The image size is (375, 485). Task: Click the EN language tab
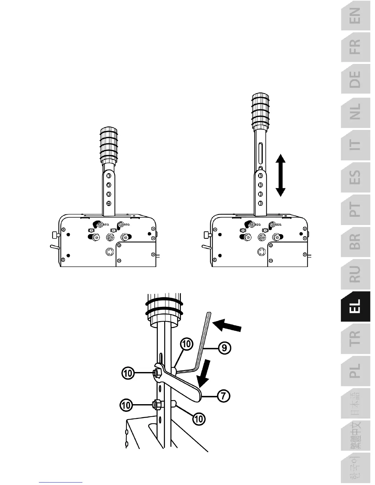[355, 16]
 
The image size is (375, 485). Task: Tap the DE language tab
[355, 79]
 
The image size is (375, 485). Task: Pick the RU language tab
[355, 274]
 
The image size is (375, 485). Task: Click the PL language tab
[355, 370]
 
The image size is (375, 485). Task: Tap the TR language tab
[355, 338]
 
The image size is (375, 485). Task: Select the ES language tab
[355, 177]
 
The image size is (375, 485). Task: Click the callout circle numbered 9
[225, 348]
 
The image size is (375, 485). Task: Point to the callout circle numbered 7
[224, 396]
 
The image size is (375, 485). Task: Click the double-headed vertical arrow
[280, 175]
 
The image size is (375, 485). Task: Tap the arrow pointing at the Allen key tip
[227, 326]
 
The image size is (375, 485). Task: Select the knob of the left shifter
[108, 144]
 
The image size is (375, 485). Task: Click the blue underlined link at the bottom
[61, 482]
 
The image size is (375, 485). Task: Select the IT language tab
[355, 144]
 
